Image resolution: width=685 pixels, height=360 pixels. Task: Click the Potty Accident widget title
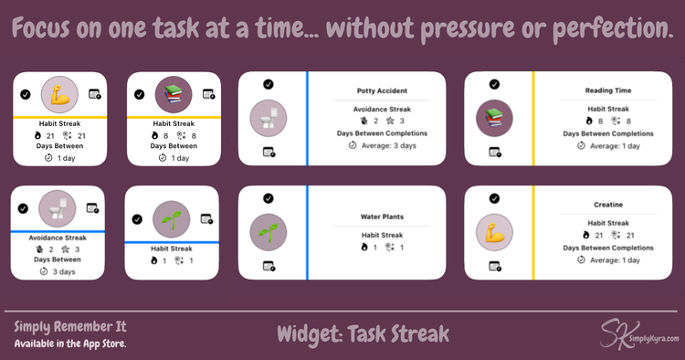(382, 91)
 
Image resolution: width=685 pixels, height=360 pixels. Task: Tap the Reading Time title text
(607, 91)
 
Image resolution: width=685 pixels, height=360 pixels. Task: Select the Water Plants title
(382, 217)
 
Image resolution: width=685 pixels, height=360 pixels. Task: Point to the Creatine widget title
(607, 205)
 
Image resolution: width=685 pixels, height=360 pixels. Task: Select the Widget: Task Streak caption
(364, 333)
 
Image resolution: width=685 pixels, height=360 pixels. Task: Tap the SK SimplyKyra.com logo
(638, 334)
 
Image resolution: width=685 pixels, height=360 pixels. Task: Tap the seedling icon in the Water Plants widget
(268, 232)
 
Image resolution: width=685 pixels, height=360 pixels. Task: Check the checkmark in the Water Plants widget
(268, 198)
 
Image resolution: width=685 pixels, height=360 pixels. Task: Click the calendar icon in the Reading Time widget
(494, 153)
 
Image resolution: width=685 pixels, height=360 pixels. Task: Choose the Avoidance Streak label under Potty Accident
(382, 109)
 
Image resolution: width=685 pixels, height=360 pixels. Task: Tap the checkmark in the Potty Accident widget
(268, 84)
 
